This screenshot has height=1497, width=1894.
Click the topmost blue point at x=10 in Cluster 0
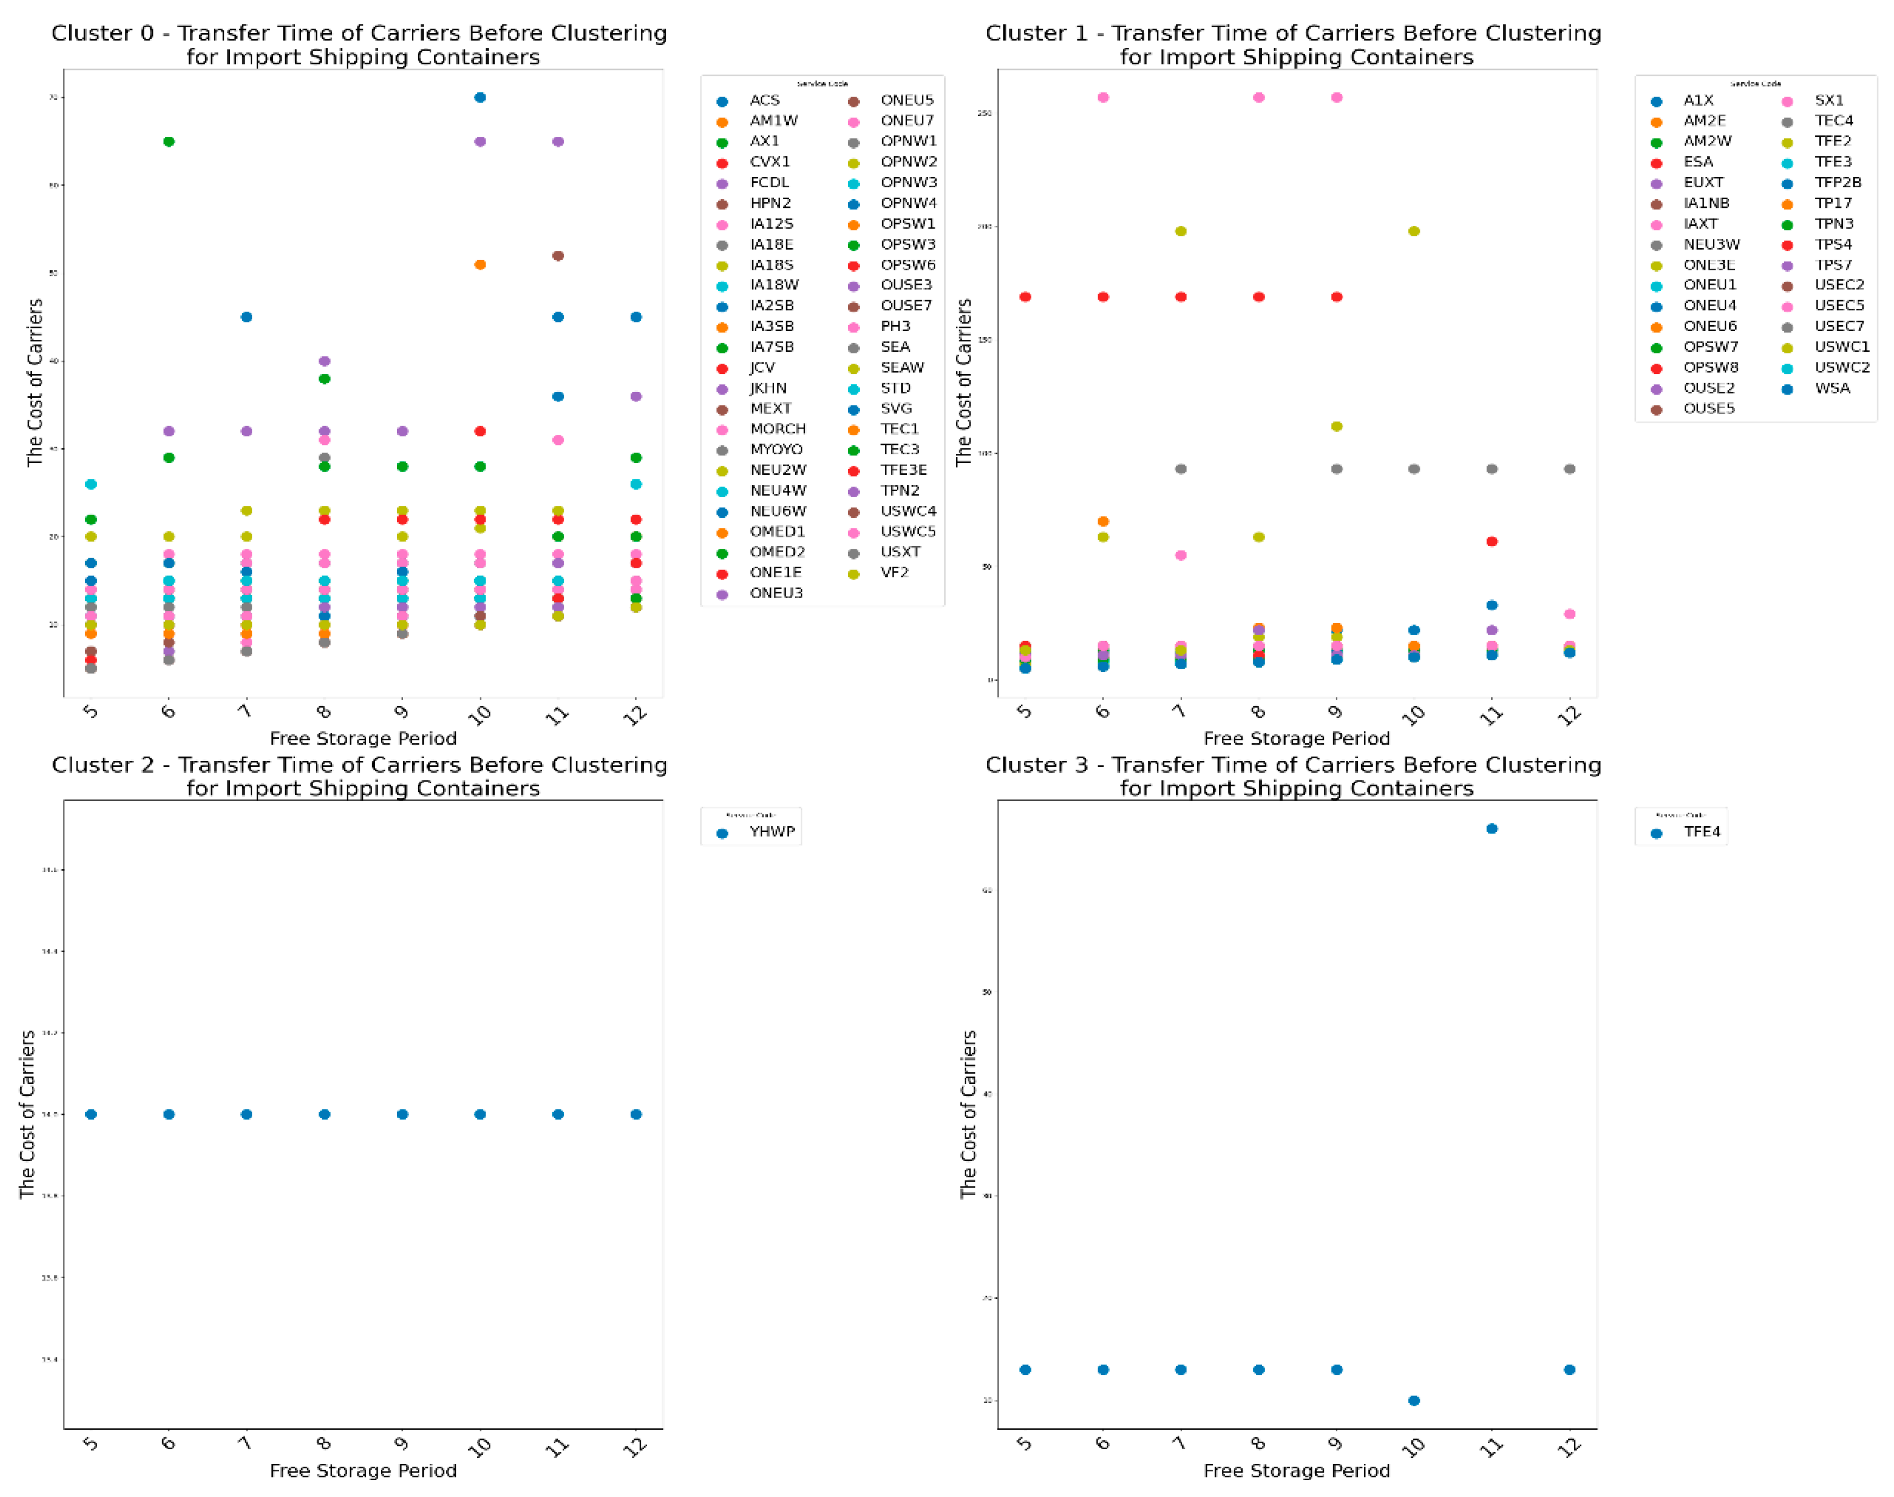(x=480, y=97)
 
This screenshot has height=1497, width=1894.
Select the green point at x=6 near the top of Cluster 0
(x=169, y=141)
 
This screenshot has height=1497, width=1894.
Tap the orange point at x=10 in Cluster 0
(x=480, y=265)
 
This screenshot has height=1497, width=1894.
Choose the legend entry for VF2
(x=894, y=572)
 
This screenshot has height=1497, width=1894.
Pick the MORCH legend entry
(x=777, y=429)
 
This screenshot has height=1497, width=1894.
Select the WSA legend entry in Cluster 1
(x=1832, y=388)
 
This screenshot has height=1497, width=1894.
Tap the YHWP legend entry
(x=771, y=832)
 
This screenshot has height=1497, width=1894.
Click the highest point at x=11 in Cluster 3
(x=1492, y=828)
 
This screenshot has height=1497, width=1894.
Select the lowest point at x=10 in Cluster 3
(x=1414, y=1400)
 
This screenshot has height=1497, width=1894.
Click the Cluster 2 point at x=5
(x=91, y=1114)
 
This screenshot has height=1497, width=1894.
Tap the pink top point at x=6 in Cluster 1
(x=1103, y=97)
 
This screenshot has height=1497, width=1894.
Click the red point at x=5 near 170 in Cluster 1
(x=1025, y=297)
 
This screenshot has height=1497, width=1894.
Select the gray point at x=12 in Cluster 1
(x=1570, y=469)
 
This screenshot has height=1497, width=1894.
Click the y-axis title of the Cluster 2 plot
(x=27, y=1114)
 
